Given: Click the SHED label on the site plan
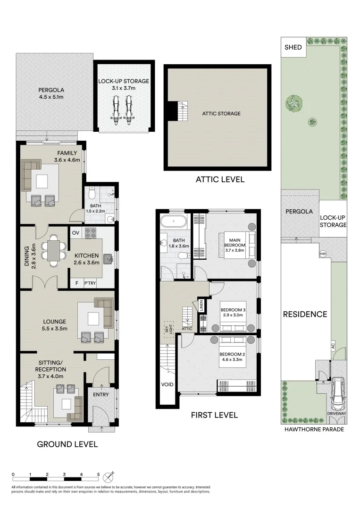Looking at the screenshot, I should tap(293, 47).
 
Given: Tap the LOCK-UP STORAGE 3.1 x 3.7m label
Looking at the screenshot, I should tap(124, 85).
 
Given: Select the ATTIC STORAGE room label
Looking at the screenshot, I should tap(221, 113).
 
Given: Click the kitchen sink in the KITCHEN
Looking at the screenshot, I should tap(108, 258).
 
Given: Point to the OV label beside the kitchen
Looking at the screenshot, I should tap(75, 233).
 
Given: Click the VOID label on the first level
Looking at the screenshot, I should tap(167, 384).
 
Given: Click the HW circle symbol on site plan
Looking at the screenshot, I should tap(323, 255).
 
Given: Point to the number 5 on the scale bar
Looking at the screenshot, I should tap(98, 474).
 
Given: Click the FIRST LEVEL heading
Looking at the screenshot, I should tap(214, 415).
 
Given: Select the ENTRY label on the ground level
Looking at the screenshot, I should tap(100, 394).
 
